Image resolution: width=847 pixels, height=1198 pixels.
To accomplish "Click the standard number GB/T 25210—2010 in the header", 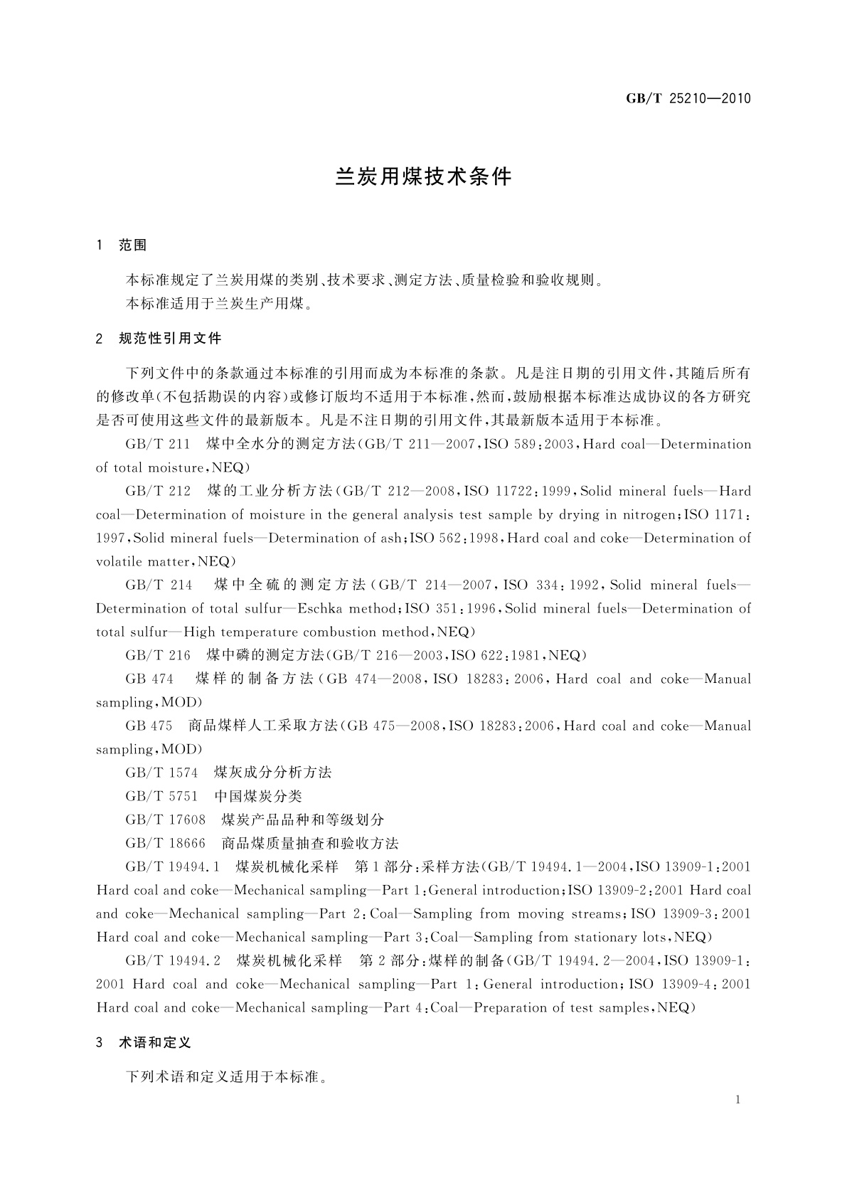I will pos(688,99).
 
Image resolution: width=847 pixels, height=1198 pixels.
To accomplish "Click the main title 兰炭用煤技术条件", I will pos(423,177).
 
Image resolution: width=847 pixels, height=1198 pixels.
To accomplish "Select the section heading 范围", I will pos(132,245).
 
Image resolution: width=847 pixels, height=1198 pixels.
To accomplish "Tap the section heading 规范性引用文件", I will pos(170,339).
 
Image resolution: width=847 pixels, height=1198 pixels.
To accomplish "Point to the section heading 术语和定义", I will pos(154,1043).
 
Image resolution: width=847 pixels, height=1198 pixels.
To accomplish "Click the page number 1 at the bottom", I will pos(738,1100).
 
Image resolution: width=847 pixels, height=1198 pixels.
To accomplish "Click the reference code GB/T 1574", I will pos(161,773).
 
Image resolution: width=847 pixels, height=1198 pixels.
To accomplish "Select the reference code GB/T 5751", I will pos(161,796).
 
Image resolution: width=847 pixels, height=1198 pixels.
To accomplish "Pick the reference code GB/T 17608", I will pos(165,820).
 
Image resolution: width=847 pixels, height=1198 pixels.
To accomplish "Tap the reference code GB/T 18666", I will pos(165,843).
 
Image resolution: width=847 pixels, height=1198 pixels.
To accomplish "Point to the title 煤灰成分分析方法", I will pos(273,773).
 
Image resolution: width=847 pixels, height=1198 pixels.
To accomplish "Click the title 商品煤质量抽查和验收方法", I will pos(310,843).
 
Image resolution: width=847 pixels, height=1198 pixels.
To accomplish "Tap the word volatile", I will pos(119,561).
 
